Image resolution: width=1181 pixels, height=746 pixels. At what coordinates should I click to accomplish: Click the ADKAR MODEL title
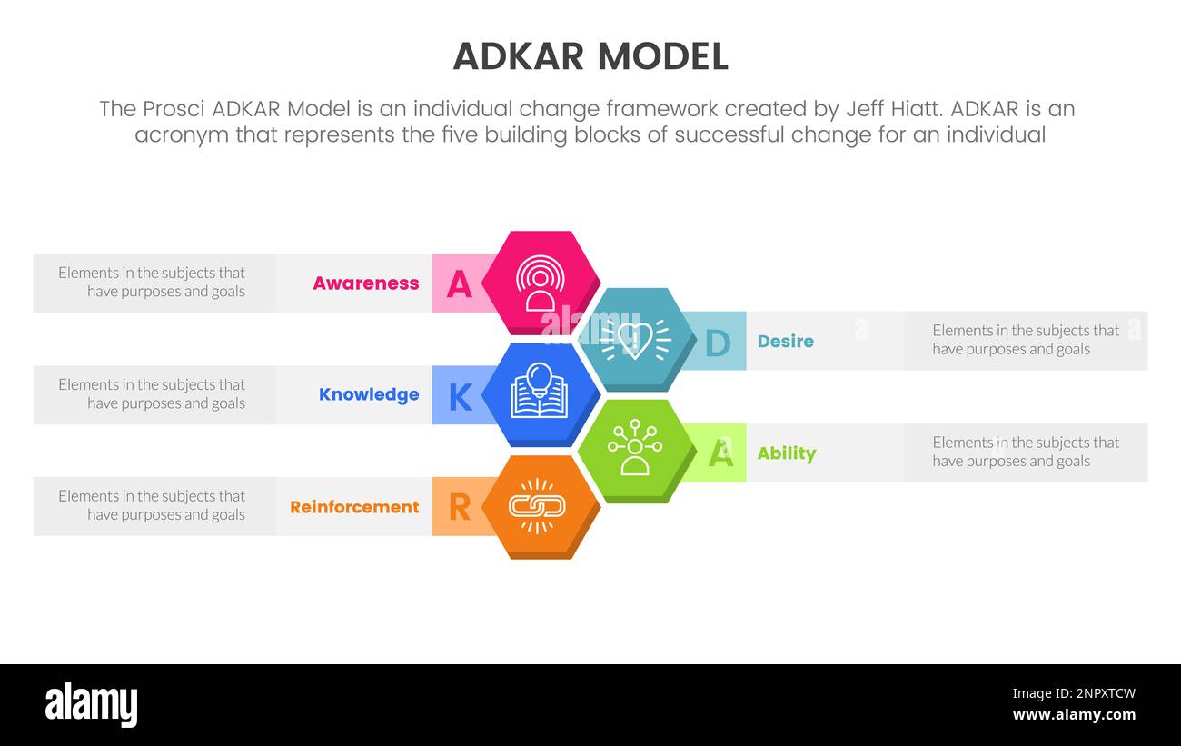pos(590,56)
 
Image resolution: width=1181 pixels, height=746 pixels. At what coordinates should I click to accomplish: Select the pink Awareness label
pos(365,283)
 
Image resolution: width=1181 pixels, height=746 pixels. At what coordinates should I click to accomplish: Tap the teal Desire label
pos(785,342)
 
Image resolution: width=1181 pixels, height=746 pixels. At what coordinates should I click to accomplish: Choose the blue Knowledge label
pos(368,395)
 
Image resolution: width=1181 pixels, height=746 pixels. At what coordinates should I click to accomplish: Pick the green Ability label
pos(786,453)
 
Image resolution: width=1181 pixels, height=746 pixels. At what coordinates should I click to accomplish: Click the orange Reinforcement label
pos(354,507)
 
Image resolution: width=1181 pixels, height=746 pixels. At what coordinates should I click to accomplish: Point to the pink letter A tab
pos(460,284)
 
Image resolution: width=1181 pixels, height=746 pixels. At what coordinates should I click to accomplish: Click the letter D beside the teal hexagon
pos(718,343)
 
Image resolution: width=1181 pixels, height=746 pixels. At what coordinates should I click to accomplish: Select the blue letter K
pos(460,397)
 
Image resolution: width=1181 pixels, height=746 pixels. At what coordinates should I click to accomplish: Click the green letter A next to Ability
pos(720,453)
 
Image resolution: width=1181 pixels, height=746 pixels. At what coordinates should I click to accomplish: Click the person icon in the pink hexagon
pos(540,283)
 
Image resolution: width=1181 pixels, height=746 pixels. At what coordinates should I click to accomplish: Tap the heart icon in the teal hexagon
pos(635,339)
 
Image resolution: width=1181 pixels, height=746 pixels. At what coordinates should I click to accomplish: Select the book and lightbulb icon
pos(540,393)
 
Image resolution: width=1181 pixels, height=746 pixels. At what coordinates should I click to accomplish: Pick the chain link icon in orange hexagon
pos(537,505)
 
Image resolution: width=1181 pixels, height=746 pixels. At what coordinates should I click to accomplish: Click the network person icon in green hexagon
pos(635,449)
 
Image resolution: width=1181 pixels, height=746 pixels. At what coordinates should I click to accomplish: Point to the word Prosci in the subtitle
pos(174,109)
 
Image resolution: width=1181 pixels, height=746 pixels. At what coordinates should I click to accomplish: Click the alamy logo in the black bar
pos(91,705)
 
